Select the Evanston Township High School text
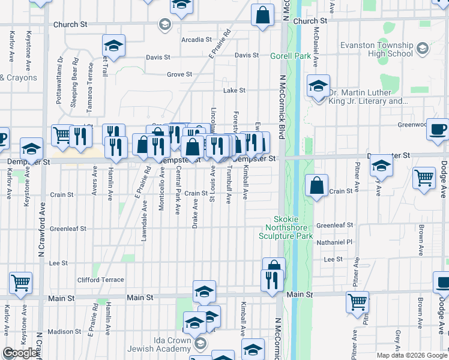(376, 49)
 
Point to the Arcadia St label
(197, 40)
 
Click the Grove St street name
(179, 74)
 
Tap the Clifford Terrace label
(100, 280)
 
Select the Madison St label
(60, 331)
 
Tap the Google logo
(20, 353)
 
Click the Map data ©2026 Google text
(412, 355)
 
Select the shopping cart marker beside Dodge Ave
(424, 178)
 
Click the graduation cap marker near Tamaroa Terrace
(113, 46)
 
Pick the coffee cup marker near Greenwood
(438, 130)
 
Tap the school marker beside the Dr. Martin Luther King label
(318, 86)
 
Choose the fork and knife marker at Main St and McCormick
(272, 280)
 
